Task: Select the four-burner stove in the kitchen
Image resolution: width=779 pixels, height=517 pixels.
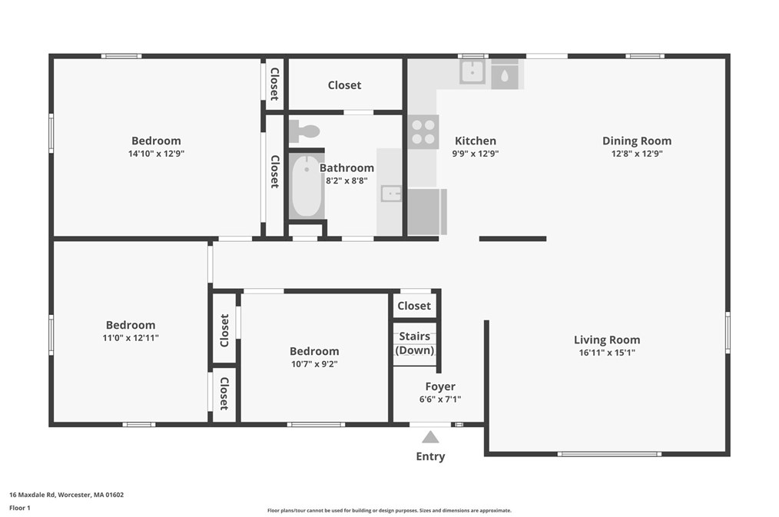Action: click(x=423, y=131)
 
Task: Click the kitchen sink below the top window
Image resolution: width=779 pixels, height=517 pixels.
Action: click(x=472, y=72)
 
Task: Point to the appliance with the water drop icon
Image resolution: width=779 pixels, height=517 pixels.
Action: click(x=505, y=75)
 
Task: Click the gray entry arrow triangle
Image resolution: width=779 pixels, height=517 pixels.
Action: click(x=430, y=437)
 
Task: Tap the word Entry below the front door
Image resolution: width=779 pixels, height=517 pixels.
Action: click(x=430, y=456)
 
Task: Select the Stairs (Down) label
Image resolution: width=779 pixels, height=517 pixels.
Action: click(x=414, y=343)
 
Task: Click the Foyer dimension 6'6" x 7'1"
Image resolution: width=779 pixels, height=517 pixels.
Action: click(x=440, y=399)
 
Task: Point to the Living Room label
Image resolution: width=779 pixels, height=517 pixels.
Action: click(x=606, y=340)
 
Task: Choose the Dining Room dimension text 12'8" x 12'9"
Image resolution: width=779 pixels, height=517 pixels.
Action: click(x=637, y=154)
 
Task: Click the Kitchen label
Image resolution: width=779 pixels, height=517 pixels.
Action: click(x=476, y=141)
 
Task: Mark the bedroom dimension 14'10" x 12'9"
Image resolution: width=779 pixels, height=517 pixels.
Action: click(x=157, y=154)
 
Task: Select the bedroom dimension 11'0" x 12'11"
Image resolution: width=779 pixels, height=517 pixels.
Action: click(x=131, y=338)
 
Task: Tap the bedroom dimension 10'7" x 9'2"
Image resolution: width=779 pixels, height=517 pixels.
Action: click(x=314, y=364)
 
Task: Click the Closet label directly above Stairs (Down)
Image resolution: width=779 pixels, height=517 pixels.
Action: click(x=414, y=306)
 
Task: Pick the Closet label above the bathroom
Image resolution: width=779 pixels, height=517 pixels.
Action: click(x=344, y=85)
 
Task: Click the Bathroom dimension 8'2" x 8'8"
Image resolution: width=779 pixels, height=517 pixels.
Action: click(x=346, y=181)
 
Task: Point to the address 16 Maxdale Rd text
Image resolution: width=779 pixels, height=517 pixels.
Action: click(x=66, y=495)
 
